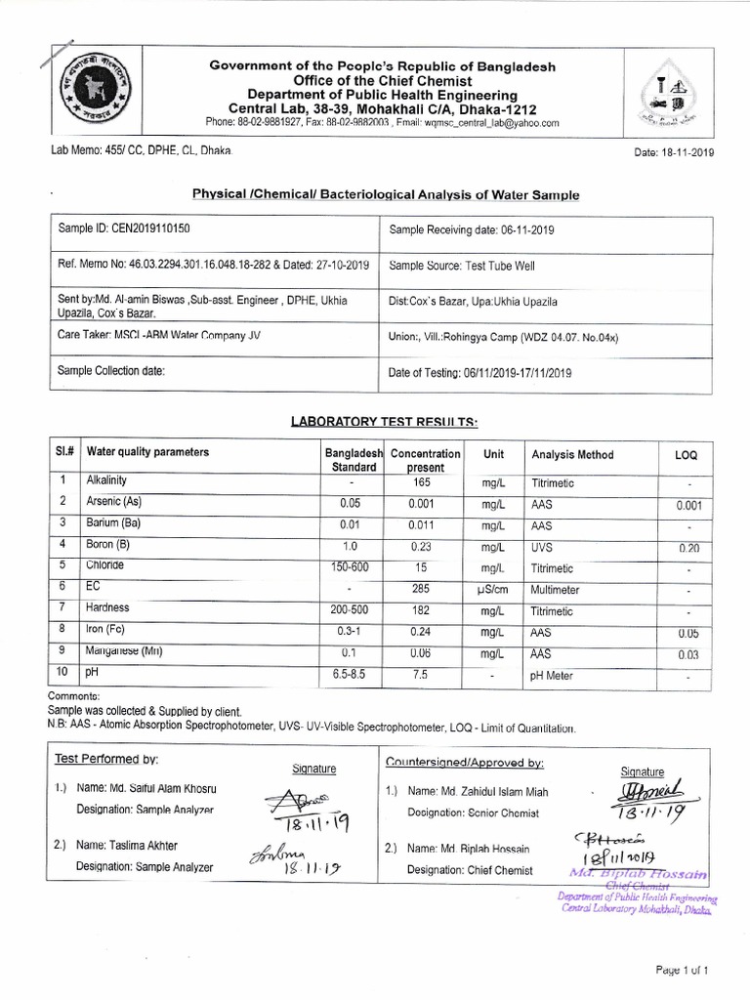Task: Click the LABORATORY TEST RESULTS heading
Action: click(x=384, y=420)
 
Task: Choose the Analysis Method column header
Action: click(x=572, y=455)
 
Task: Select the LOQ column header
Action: click(x=687, y=456)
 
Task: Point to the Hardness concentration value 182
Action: click(x=423, y=609)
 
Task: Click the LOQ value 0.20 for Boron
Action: click(x=688, y=549)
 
